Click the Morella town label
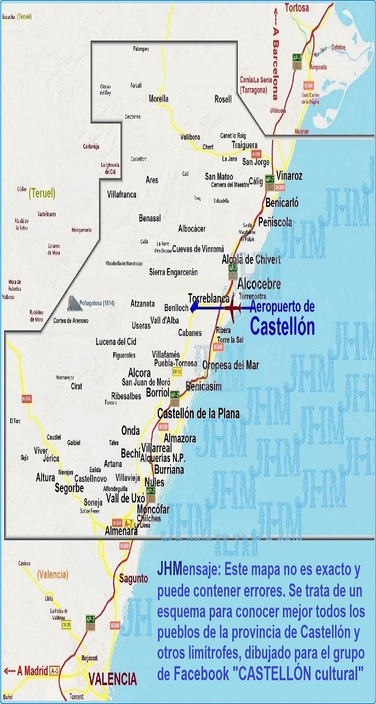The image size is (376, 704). [x=159, y=99]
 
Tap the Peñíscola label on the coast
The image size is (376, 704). [x=275, y=222]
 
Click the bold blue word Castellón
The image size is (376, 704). [x=282, y=326]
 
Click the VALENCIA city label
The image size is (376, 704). [x=113, y=679]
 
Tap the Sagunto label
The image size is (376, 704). [x=133, y=579]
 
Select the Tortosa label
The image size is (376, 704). [x=297, y=7]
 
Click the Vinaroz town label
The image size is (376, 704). [x=289, y=176]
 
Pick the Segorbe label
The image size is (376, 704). [x=69, y=488]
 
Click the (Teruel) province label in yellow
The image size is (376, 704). [x=42, y=193]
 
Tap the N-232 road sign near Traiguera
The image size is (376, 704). [x=256, y=154]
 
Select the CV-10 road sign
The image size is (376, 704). [x=177, y=372]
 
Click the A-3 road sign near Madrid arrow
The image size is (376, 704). [x=55, y=671]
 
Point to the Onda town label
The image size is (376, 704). [x=130, y=431]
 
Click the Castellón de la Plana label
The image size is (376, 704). [x=198, y=414]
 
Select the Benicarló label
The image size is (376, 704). [x=282, y=203]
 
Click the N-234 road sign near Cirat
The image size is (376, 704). [x=26, y=399]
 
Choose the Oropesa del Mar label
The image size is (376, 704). [x=230, y=365]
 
